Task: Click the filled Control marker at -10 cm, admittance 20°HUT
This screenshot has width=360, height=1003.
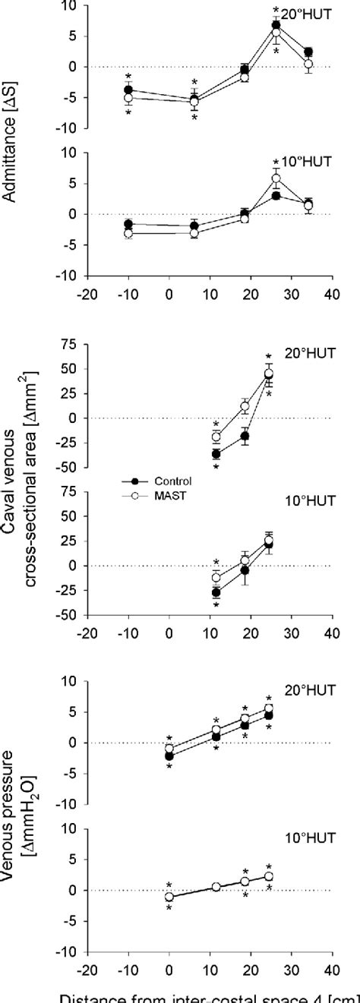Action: coord(128,90)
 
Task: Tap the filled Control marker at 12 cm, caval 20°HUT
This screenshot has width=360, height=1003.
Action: coord(216,454)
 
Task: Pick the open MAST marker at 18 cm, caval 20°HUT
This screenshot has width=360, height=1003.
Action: coord(245,406)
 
